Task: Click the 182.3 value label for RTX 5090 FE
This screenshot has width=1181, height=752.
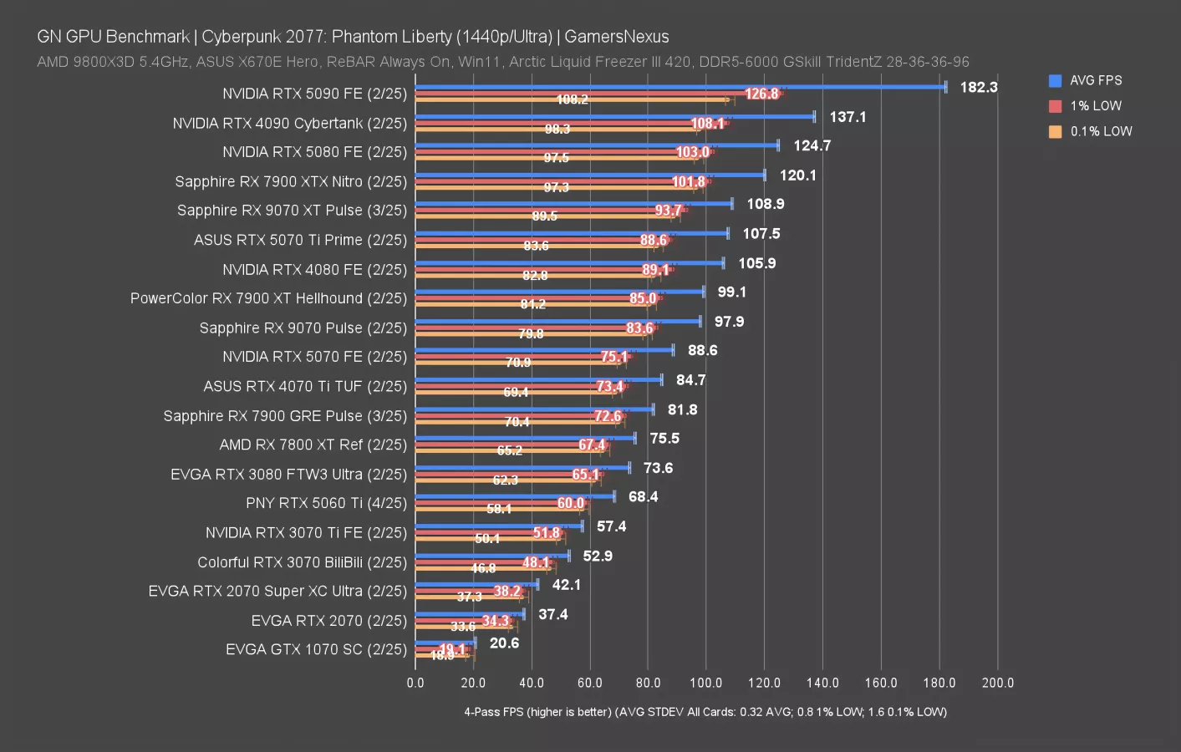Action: (978, 87)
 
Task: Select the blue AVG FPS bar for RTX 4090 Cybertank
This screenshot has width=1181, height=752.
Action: (614, 116)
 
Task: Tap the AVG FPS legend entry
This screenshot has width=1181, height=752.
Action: (1095, 80)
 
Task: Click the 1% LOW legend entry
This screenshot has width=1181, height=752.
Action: (1095, 106)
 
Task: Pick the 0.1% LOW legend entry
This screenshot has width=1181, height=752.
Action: (1100, 131)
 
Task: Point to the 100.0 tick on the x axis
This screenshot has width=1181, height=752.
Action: (705, 683)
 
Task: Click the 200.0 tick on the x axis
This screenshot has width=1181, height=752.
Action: (997, 683)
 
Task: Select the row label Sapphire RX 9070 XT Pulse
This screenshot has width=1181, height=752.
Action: (292, 211)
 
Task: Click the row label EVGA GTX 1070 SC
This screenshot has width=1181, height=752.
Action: (316, 649)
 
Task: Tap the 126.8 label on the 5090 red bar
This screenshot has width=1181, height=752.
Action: (761, 94)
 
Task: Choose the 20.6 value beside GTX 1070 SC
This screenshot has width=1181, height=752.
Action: (504, 643)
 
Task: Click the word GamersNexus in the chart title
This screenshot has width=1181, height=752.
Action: (616, 37)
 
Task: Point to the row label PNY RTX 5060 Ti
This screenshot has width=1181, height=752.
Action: (326, 503)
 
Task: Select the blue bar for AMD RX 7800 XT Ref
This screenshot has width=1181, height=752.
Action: (525, 438)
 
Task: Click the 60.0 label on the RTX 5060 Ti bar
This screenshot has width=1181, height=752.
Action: (570, 503)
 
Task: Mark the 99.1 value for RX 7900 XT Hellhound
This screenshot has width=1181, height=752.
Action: (731, 292)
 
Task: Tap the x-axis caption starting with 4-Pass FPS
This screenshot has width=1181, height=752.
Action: (705, 712)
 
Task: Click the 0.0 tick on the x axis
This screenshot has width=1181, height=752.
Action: (415, 683)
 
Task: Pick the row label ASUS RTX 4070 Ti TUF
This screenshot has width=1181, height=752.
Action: (305, 386)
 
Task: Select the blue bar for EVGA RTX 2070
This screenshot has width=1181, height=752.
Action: (469, 614)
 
